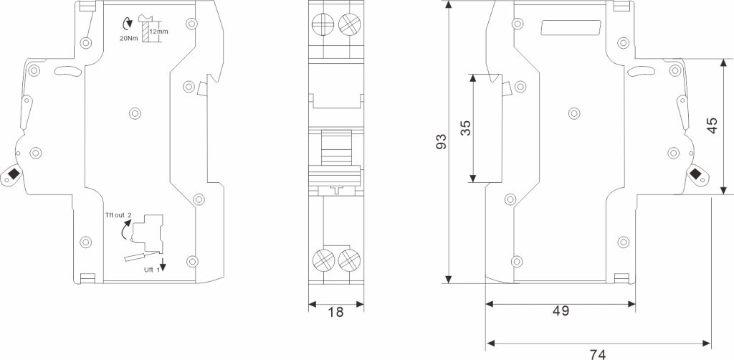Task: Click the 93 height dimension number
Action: coord(442,141)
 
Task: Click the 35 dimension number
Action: coord(466,128)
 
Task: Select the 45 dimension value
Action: coord(712,125)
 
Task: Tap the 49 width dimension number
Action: coord(561,311)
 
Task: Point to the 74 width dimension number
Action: coord(598,354)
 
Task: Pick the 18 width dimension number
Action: coord(335,312)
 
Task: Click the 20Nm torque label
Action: coord(129,39)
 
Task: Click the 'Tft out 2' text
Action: coord(119,215)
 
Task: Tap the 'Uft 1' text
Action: coord(151,270)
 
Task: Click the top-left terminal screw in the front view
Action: coord(323,24)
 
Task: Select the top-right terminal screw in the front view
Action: coord(349,24)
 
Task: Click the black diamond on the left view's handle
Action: coord(13,174)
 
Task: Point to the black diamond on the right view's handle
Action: coord(696,174)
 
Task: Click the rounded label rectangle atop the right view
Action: coord(571,28)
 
